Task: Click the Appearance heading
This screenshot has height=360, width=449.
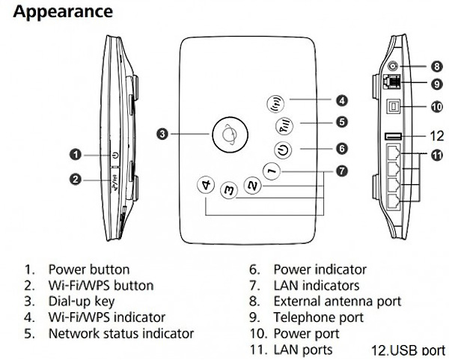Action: [x=64, y=12]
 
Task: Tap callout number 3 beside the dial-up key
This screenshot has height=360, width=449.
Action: [x=162, y=135]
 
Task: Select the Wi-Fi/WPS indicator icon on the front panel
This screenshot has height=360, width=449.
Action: [x=275, y=103]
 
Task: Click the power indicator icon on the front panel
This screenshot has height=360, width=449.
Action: [x=283, y=149]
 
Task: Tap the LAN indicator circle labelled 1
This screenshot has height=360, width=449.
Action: [x=272, y=171]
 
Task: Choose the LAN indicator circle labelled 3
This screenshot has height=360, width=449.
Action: [x=230, y=191]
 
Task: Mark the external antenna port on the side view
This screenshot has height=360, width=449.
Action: [x=392, y=67]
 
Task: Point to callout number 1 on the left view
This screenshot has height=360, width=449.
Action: [x=75, y=155]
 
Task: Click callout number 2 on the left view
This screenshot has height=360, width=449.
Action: [x=75, y=179]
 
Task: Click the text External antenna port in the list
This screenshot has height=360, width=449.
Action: [x=337, y=301]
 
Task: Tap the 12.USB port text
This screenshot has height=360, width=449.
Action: [x=408, y=350]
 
